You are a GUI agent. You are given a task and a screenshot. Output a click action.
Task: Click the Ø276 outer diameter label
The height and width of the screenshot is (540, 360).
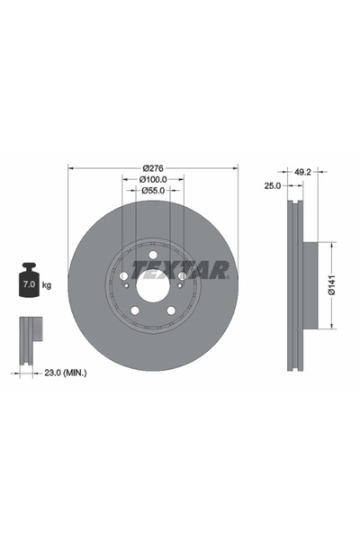pyautogui.click(x=153, y=167)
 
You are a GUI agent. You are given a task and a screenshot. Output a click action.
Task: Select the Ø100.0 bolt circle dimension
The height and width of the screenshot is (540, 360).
pyautogui.click(x=153, y=179)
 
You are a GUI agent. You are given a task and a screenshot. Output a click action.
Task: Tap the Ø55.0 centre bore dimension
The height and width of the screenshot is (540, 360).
pyautogui.click(x=153, y=190)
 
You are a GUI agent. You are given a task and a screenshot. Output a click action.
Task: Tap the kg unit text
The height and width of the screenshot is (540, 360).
pyautogui.click(x=47, y=284)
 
